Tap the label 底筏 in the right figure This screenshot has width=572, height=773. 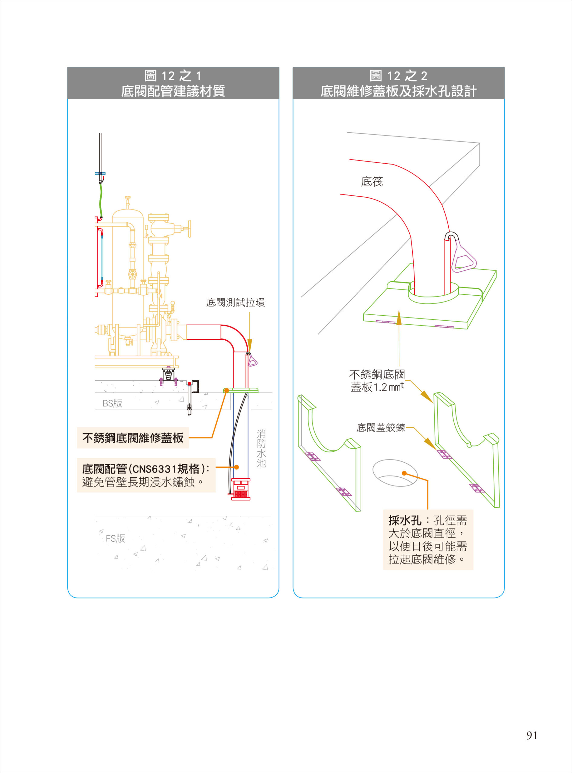pos(372,181)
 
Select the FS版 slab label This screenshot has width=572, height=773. pos(115,538)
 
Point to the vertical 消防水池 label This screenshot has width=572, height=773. pos(261,449)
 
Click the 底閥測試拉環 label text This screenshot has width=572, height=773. pos(236,303)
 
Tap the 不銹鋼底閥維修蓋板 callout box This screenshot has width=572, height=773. pos(133,438)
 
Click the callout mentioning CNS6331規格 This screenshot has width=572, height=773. pos(146,475)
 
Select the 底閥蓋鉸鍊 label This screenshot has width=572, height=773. pos(381,428)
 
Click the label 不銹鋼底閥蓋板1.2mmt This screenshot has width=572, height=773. pos(377,381)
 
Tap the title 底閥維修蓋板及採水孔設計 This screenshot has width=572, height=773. pos(398,91)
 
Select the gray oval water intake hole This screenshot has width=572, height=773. pos(395,473)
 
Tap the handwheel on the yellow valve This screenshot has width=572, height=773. pos(189,229)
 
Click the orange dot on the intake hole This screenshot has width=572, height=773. pos(404,473)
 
